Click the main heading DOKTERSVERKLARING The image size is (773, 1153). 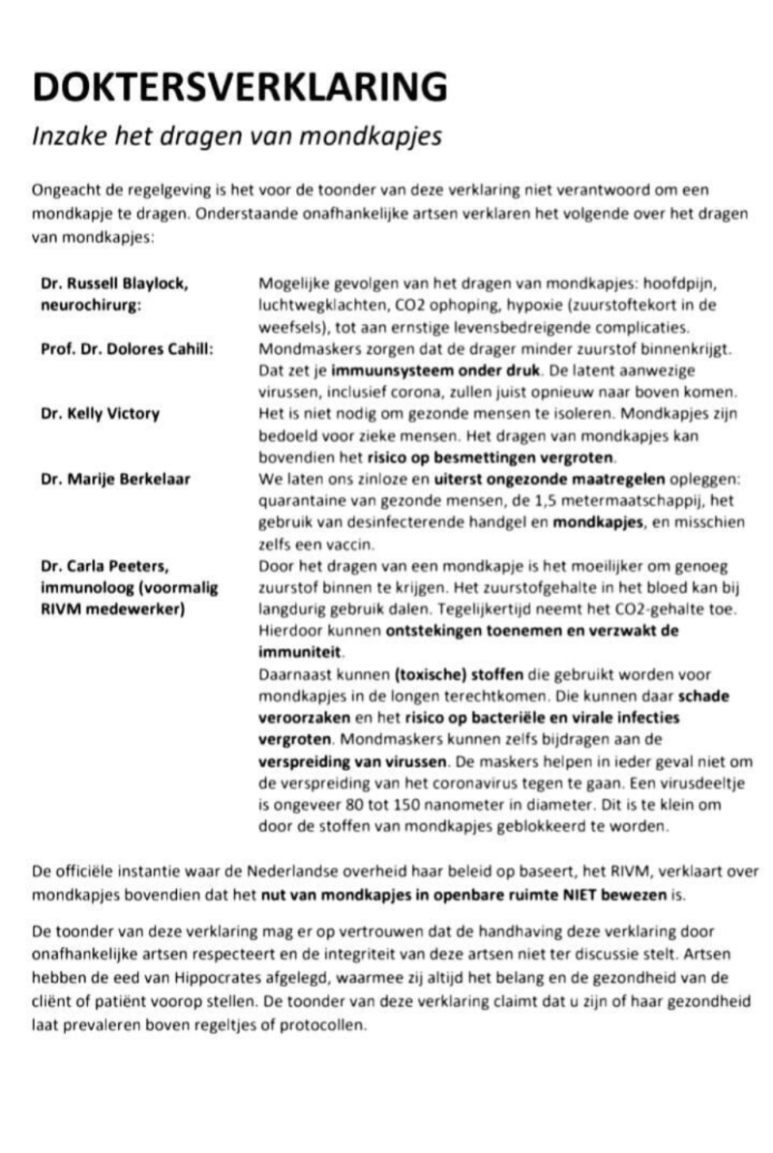point(240,87)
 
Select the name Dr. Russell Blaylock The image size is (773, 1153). point(114,283)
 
